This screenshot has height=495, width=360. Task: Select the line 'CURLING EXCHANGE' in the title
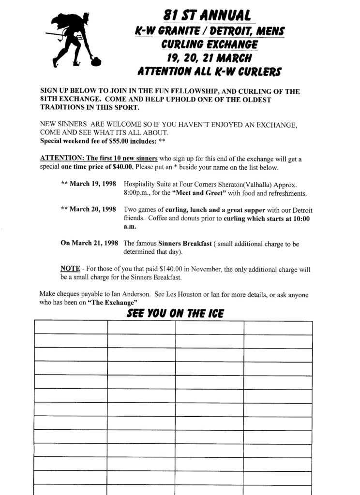[x=210, y=45]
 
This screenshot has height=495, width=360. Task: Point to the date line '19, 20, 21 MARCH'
[x=210, y=58]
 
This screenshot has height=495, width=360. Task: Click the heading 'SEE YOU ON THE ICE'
[x=175, y=313]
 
